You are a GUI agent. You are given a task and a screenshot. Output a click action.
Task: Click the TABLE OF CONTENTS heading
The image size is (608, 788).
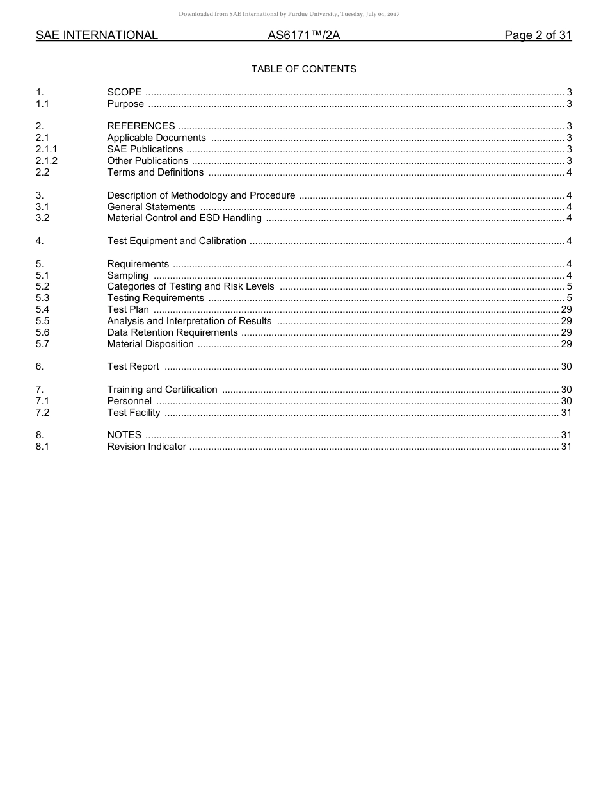pyautogui.click(x=303, y=69)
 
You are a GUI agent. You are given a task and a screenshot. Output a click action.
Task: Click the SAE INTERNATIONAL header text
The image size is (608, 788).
pyautogui.click(x=97, y=35)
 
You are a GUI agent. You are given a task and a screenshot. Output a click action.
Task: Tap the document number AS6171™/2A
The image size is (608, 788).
pyautogui.click(x=303, y=35)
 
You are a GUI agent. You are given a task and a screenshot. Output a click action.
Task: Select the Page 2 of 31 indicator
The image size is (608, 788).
pyautogui.click(x=538, y=35)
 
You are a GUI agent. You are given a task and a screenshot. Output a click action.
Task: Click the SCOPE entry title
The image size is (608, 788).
pyautogui.click(x=124, y=93)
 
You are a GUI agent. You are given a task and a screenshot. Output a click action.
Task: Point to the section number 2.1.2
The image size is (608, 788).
pyautogui.click(x=47, y=161)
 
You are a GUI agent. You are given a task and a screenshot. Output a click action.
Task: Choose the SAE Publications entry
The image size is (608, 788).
pyautogui.click(x=145, y=149)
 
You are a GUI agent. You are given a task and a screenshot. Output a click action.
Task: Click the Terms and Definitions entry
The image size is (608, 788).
pyautogui.click(x=155, y=172)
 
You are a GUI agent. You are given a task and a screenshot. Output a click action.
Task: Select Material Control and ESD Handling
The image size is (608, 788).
pyautogui.click(x=184, y=218)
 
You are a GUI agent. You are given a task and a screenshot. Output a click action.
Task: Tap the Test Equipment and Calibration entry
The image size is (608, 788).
pyautogui.click(x=177, y=241)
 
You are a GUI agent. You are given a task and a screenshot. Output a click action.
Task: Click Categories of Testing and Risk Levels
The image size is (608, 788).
pyautogui.click(x=190, y=286)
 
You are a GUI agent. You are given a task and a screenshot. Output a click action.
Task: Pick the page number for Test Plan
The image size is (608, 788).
pyautogui.click(x=566, y=309)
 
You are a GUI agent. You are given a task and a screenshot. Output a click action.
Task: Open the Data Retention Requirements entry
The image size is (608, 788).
pyautogui.click(x=172, y=332)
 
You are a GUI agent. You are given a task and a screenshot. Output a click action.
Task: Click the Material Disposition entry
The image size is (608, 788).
pyautogui.click(x=150, y=344)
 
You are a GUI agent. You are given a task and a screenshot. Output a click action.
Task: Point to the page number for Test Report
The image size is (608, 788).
pyautogui.click(x=566, y=366)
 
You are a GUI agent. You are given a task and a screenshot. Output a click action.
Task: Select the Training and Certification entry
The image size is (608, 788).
pyautogui.click(x=162, y=390)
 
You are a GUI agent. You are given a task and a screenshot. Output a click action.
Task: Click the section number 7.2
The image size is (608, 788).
pyautogui.click(x=42, y=413)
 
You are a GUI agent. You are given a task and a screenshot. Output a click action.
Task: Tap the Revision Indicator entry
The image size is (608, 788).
pyautogui.click(x=147, y=447)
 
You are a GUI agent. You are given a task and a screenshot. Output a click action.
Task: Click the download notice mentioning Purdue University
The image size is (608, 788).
pyautogui.click(x=289, y=14)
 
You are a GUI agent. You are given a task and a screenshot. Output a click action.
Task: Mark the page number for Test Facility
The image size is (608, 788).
pyautogui.click(x=566, y=413)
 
